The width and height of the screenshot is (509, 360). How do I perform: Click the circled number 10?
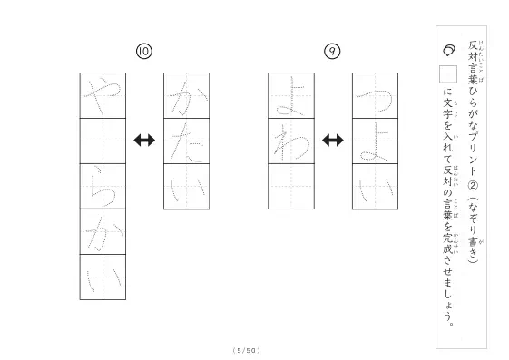(x=144, y=52)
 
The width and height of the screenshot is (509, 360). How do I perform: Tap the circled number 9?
(x=332, y=52)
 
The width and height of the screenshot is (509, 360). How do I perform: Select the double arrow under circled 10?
(x=144, y=141)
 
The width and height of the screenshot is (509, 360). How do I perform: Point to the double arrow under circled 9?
(x=333, y=141)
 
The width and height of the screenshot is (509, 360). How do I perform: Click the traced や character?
(x=103, y=95)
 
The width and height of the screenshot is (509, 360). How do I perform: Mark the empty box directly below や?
(x=103, y=141)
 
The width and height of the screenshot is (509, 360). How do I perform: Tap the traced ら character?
(x=103, y=187)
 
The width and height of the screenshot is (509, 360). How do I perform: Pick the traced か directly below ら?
(x=103, y=232)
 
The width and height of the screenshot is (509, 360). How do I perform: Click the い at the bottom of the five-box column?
(x=103, y=278)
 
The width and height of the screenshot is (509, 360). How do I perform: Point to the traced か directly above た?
(x=187, y=97)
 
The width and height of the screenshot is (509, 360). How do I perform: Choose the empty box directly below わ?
(x=291, y=187)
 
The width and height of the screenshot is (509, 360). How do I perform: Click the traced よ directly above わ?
(x=289, y=96)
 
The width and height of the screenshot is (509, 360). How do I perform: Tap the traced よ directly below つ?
(x=374, y=141)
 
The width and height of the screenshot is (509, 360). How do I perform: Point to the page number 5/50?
(x=247, y=350)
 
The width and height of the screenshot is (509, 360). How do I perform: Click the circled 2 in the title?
(x=473, y=186)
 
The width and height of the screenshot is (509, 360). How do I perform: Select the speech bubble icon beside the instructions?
(x=449, y=50)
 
